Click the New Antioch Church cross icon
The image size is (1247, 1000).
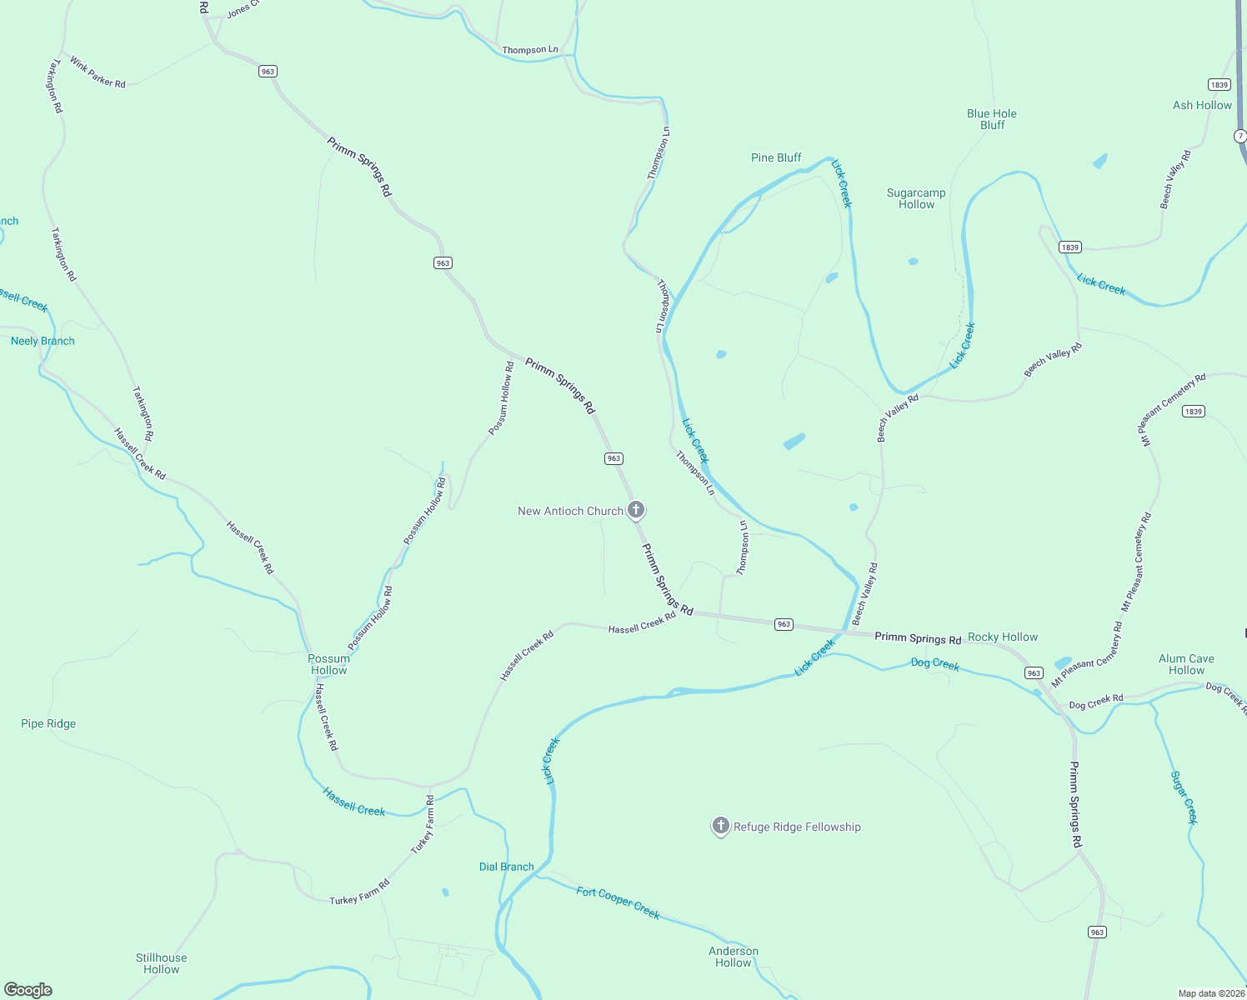point(636,509)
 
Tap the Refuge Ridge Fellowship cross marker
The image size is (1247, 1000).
point(721,826)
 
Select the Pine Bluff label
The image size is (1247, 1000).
point(776,157)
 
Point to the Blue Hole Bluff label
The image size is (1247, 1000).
point(992,119)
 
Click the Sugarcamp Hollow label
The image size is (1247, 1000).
point(916,198)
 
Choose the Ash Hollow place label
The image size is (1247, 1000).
point(1202,105)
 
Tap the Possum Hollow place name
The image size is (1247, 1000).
point(328,664)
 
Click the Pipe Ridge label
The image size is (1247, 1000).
point(48,723)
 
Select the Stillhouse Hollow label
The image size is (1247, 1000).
point(162,963)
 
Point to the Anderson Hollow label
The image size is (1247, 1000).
point(734,957)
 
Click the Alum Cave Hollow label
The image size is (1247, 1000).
point(1186,664)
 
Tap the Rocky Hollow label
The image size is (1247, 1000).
point(1003,637)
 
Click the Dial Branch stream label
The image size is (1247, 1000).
point(506,867)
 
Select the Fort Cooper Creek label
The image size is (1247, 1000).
point(618,902)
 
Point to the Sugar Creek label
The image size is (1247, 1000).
point(1184,797)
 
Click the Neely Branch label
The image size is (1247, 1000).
point(43,341)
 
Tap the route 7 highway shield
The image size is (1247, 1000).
point(1240,136)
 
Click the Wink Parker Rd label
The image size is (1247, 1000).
point(98,72)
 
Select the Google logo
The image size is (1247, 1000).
point(28,990)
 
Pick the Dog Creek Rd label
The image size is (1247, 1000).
point(1096,702)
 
